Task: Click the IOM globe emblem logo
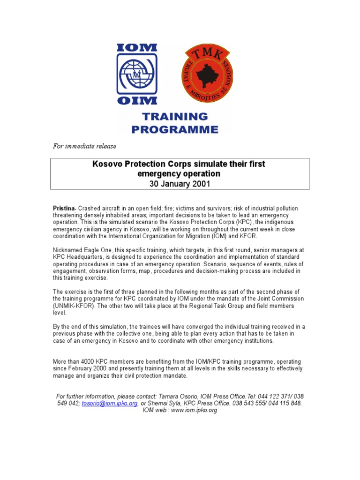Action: [137, 74]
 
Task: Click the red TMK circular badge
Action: [207, 73]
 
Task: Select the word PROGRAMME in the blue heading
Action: [175, 130]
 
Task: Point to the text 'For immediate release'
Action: [84, 146]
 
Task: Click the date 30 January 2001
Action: [180, 184]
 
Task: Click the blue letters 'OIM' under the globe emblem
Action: [137, 100]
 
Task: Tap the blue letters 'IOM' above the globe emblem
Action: [137, 48]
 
